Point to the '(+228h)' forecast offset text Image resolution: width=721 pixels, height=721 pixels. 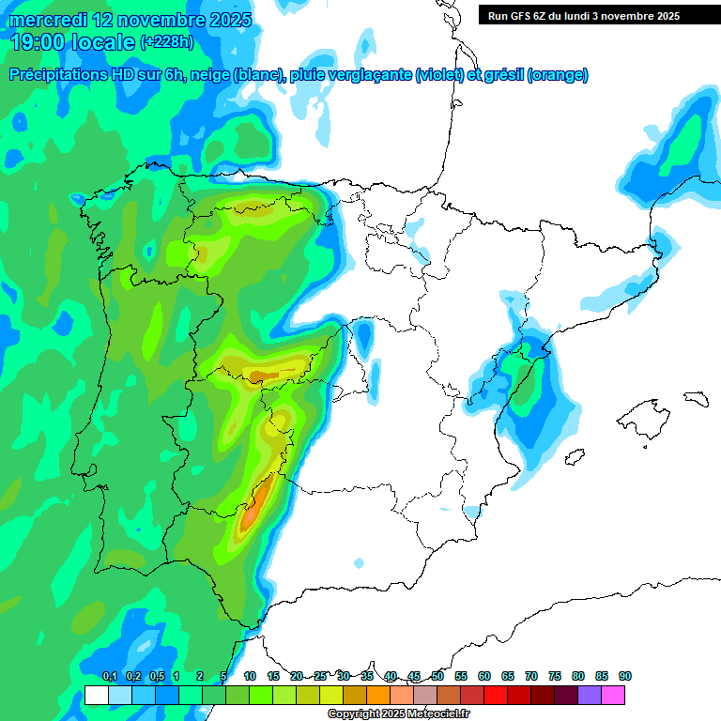coord(166,42)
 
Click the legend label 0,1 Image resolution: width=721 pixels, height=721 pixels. coord(109,677)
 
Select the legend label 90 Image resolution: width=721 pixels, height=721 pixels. coord(625,677)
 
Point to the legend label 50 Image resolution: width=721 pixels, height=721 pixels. coord(437,677)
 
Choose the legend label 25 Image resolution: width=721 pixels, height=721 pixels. coord(320,677)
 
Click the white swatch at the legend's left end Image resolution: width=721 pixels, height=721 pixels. coord(96,695)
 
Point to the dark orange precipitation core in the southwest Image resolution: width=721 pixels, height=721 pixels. coord(251,514)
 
